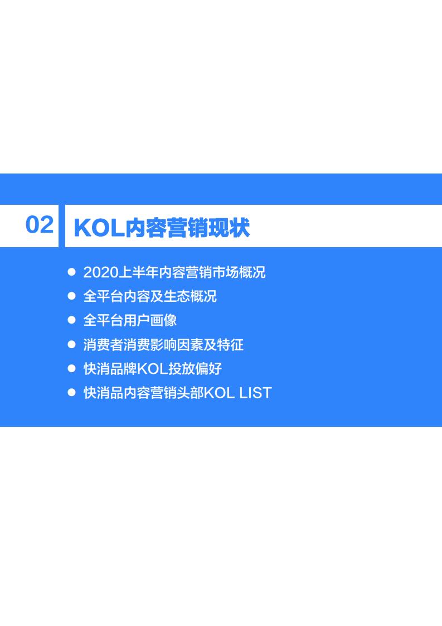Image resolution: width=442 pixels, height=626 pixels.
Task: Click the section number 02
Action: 40,225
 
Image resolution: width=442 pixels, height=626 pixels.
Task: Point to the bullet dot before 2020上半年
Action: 71,272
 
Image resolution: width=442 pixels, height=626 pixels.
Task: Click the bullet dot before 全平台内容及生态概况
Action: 71,296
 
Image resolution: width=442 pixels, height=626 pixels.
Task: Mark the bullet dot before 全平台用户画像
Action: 71,320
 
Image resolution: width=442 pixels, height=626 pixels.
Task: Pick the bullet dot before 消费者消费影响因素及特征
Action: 71,344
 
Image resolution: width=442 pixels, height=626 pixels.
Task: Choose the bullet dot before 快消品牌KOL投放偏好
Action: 71,368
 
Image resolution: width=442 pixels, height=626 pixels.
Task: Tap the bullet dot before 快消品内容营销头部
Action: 71,392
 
